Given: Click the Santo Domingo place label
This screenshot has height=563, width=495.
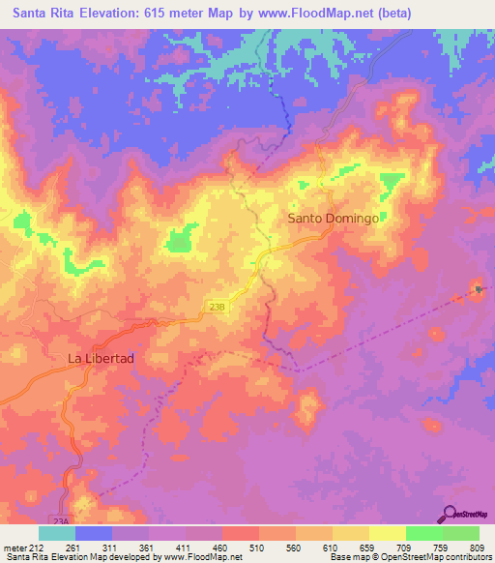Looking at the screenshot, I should point(333,219).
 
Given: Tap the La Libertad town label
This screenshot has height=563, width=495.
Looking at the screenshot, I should point(101,358).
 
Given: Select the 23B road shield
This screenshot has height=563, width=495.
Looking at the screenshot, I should point(217,306).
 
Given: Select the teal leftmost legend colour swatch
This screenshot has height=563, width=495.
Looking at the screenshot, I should point(57,534).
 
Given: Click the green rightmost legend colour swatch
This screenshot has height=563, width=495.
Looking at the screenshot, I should point(461,534).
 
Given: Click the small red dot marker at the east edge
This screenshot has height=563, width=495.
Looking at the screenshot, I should point(477,287).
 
